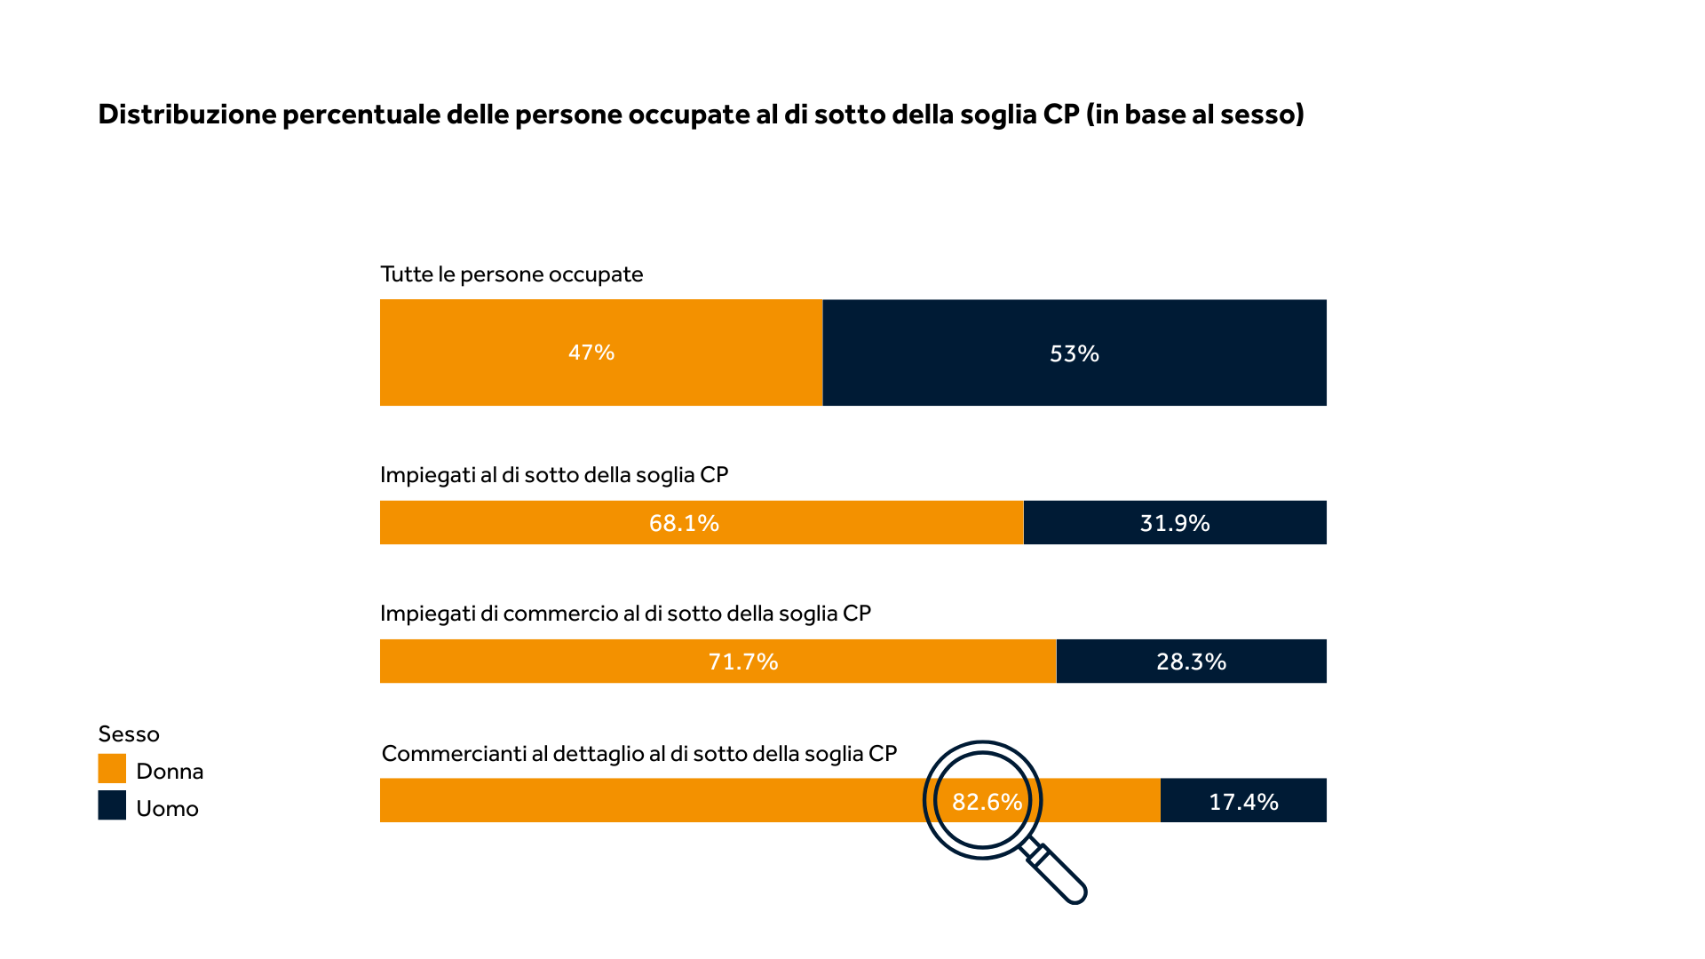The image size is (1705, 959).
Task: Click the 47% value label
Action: [591, 353]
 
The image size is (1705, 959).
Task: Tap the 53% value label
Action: [1075, 353]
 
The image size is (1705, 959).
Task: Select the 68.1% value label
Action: [684, 523]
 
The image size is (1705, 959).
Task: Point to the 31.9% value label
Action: [1175, 523]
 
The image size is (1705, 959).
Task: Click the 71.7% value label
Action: [743, 662]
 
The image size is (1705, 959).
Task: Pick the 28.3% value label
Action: [1191, 662]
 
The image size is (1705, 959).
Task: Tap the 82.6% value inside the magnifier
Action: [987, 802]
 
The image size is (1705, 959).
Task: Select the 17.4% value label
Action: [1243, 802]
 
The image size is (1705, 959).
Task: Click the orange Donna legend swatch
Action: [112, 769]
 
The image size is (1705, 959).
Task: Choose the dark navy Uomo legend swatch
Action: [112, 805]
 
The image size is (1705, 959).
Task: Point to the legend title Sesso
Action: [129, 734]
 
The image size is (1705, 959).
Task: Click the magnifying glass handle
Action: [1060, 876]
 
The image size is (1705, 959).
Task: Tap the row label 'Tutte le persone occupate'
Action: [511, 274]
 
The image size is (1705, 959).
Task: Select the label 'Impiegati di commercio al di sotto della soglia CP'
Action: [625, 614]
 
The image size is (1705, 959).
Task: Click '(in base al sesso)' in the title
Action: [1194, 115]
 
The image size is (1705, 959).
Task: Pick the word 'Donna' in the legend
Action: [170, 771]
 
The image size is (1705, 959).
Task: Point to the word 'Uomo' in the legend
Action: [167, 808]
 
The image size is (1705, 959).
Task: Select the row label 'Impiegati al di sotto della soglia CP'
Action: [554, 475]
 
